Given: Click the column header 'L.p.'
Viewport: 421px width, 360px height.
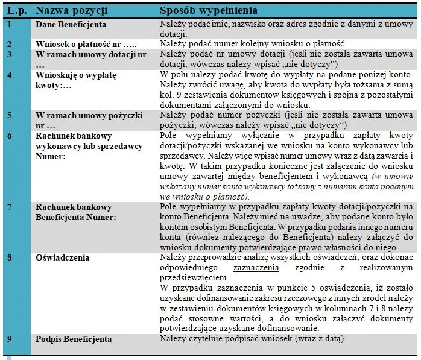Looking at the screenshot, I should click(x=16, y=11).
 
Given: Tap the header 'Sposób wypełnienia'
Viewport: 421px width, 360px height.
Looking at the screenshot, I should click(x=209, y=11).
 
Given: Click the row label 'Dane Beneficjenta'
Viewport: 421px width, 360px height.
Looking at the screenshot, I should click(x=71, y=24).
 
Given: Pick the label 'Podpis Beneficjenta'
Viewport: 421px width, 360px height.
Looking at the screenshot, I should click(x=74, y=339).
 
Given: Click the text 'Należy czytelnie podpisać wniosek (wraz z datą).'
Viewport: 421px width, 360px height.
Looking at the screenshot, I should click(x=253, y=339).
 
